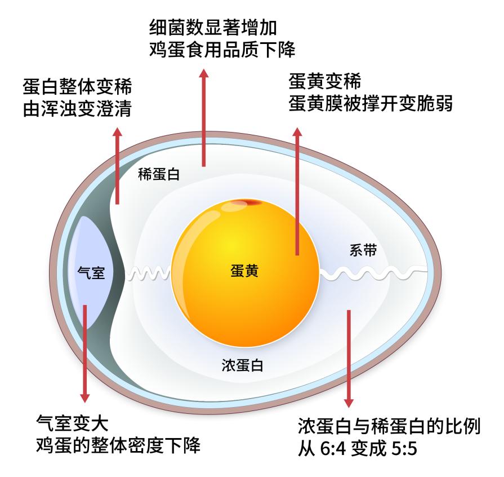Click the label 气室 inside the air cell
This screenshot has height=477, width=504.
(91, 273)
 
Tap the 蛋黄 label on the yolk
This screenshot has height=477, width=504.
(244, 271)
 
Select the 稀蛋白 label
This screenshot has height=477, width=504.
(159, 174)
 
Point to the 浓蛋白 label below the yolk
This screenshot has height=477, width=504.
(242, 365)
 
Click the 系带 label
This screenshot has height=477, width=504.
(363, 250)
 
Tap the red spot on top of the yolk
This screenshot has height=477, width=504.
(246, 203)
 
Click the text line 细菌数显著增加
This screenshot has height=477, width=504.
(213, 28)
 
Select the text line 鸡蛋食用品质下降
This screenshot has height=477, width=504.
(222, 50)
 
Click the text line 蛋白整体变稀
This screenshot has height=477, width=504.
(78, 87)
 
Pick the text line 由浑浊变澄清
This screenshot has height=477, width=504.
(78, 109)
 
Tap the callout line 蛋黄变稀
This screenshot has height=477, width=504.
(324, 81)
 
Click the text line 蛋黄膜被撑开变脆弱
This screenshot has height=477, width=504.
(371, 103)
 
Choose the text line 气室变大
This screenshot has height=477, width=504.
(72, 423)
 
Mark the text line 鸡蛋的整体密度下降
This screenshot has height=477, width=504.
(118, 445)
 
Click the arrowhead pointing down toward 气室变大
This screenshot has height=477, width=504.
(85, 398)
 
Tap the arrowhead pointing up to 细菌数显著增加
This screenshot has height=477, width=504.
(203, 73)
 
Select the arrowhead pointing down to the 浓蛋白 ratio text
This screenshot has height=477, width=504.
(349, 403)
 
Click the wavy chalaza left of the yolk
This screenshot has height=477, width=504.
(149, 273)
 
